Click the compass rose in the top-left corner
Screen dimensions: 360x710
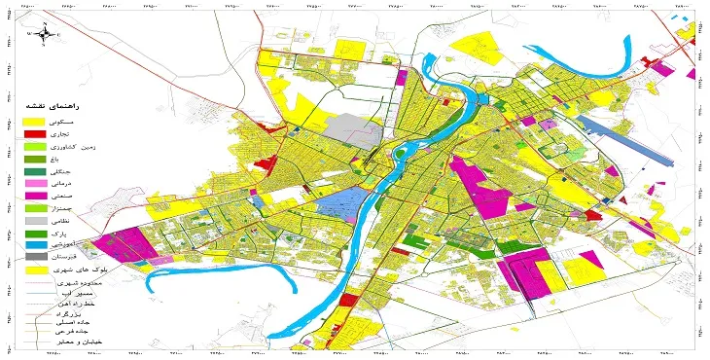(x=44, y=33)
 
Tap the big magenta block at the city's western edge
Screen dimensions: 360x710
(x=124, y=244)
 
